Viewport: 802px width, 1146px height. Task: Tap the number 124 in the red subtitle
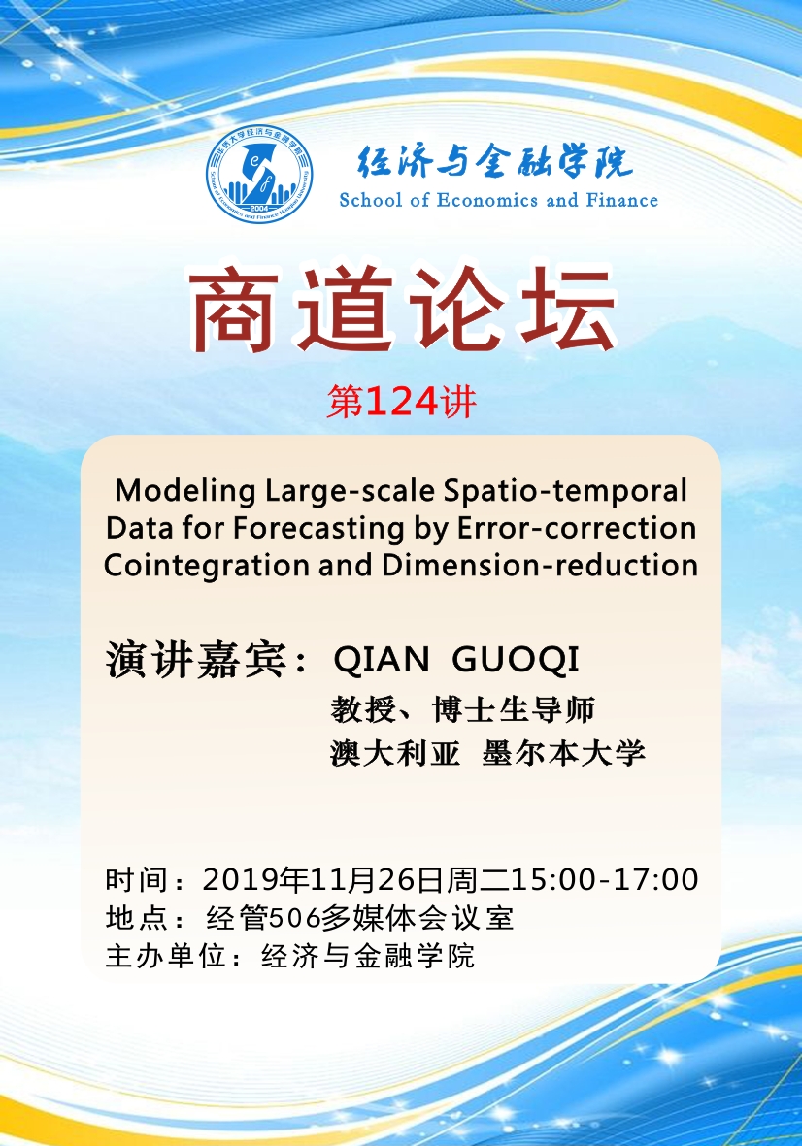tap(401, 402)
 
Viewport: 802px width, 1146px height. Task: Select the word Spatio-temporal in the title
tap(565, 491)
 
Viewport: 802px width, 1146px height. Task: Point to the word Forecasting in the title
tap(318, 529)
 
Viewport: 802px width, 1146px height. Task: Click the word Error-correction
tap(576, 528)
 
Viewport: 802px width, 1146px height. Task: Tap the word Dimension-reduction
tap(540, 565)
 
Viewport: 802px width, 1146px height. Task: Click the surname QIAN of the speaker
tap(381, 660)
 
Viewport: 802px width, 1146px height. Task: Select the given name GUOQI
tap(516, 659)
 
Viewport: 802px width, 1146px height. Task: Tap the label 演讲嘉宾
tap(196, 660)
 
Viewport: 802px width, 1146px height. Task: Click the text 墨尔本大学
tap(564, 753)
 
